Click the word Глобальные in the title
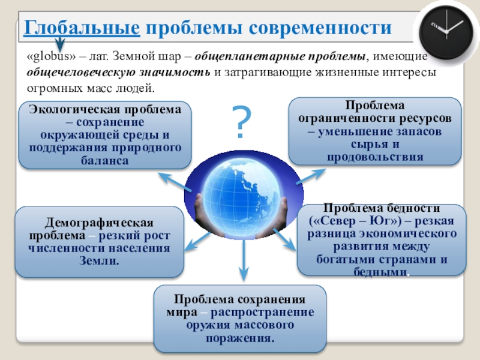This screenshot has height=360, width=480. pyautogui.click(x=82, y=28)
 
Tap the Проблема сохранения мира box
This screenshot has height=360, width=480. pyautogui.click(x=240, y=319)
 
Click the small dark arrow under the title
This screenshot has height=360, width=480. pyautogui.click(x=59, y=44)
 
